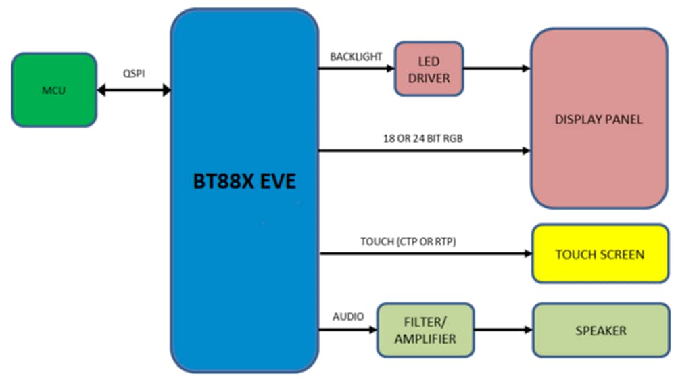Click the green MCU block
pyautogui.click(x=54, y=89)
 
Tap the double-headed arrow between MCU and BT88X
pyautogui.click(x=133, y=90)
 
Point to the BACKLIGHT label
pyautogui.click(x=356, y=57)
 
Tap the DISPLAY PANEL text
pyautogui.click(x=598, y=120)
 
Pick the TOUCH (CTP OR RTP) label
pyautogui.click(x=408, y=241)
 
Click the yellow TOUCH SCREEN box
pyautogui.click(x=600, y=254)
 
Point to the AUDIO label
pyautogui.click(x=348, y=316)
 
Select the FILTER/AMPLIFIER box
pyautogui.click(x=425, y=330)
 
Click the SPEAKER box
pyautogui.click(x=600, y=331)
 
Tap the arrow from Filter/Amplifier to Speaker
pyautogui.click(x=504, y=331)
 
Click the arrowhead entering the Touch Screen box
pyautogui.click(x=527, y=254)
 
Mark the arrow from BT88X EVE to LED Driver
pyautogui.click(x=356, y=69)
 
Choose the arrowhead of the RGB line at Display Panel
pyautogui.click(x=526, y=151)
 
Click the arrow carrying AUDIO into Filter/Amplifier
pyautogui.click(x=347, y=331)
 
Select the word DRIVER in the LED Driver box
pyautogui.click(x=429, y=78)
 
